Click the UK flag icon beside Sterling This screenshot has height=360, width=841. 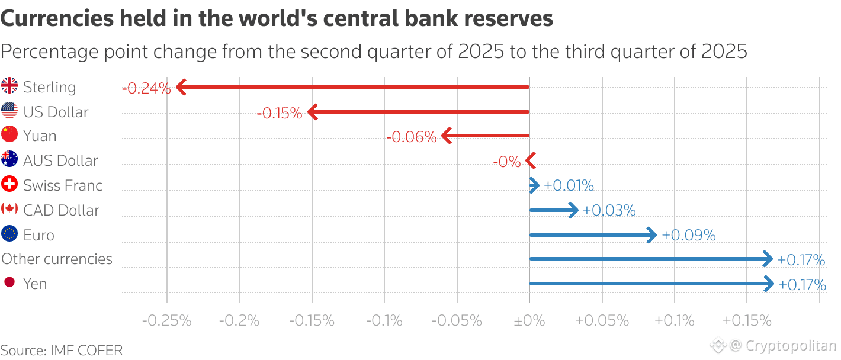(9, 86)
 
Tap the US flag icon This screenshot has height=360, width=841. (9, 111)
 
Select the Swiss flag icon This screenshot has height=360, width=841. (9, 185)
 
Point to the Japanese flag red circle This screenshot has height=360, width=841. (9, 282)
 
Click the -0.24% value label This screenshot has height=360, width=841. (146, 89)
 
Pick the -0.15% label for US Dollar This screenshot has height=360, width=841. (280, 113)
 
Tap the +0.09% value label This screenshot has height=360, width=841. (688, 235)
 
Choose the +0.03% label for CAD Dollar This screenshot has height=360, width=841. (609, 210)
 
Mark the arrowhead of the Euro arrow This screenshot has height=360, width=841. (651, 235)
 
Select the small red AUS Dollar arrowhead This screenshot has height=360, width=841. (531, 160)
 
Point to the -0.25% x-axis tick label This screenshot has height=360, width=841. (167, 321)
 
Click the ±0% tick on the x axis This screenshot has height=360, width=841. (529, 321)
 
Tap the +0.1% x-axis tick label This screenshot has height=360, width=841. (675, 321)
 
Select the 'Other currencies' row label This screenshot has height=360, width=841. (57, 259)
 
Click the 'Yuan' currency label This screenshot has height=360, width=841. (40, 136)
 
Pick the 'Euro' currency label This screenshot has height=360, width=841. (38, 235)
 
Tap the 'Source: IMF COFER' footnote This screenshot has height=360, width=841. (62, 350)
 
